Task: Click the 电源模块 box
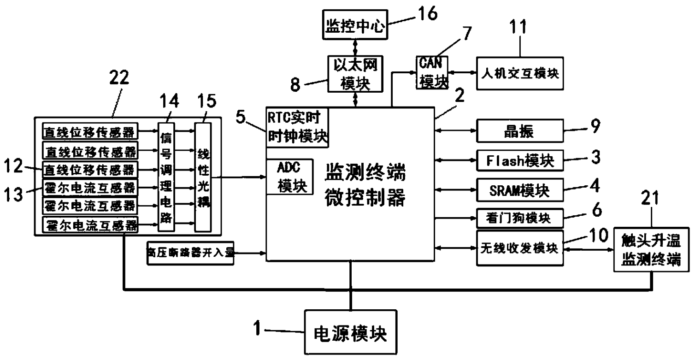[x=350, y=332]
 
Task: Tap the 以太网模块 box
[x=355, y=74]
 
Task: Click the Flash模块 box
[x=520, y=161]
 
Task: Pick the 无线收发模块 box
[x=520, y=248]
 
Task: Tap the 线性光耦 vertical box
[x=202, y=177]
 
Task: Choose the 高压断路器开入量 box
[x=190, y=253]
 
